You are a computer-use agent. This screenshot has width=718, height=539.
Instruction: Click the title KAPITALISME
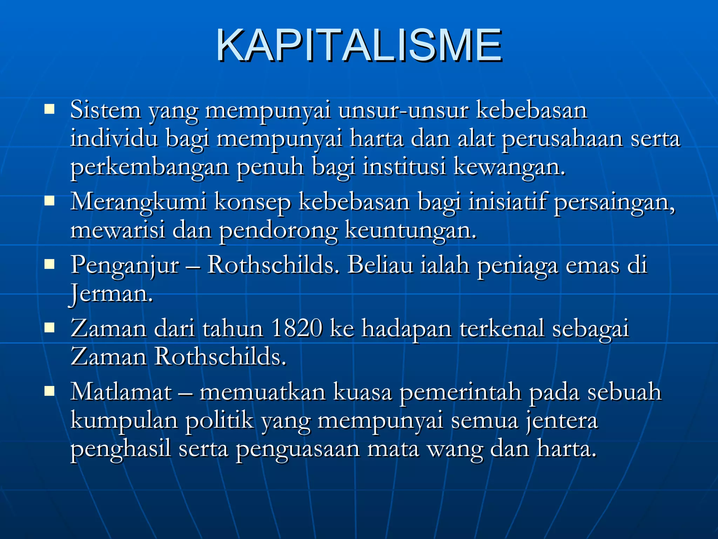[359, 46]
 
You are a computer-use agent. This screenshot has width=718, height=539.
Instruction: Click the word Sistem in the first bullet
[106, 110]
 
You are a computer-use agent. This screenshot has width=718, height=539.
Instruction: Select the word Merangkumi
[138, 202]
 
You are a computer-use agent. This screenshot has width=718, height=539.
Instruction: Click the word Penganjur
[125, 265]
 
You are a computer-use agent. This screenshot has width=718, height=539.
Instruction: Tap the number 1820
[297, 328]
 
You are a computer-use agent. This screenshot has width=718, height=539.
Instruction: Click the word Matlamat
[121, 392]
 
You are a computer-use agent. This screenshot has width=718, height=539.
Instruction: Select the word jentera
[562, 421]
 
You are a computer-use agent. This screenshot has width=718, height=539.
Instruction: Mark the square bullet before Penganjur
[50, 264]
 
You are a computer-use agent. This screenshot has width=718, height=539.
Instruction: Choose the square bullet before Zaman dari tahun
[50, 328]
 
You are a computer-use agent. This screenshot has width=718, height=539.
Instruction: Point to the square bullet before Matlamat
[50, 391]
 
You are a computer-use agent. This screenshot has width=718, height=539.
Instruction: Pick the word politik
[219, 420]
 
